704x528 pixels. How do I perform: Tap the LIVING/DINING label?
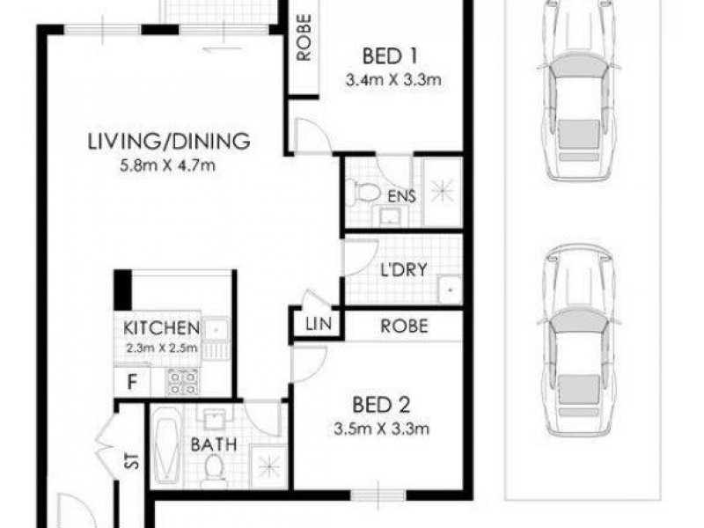click(170, 141)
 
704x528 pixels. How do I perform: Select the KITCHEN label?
click(160, 328)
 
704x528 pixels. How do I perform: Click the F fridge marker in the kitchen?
click(132, 383)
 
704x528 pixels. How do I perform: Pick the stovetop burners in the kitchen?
click(182, 380)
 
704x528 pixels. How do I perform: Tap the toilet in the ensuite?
click(363, 192)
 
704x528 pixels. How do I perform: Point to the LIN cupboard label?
click(318, 325)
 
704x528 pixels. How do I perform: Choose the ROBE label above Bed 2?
click(404, 326)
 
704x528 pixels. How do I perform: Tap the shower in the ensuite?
click(442, 191)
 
